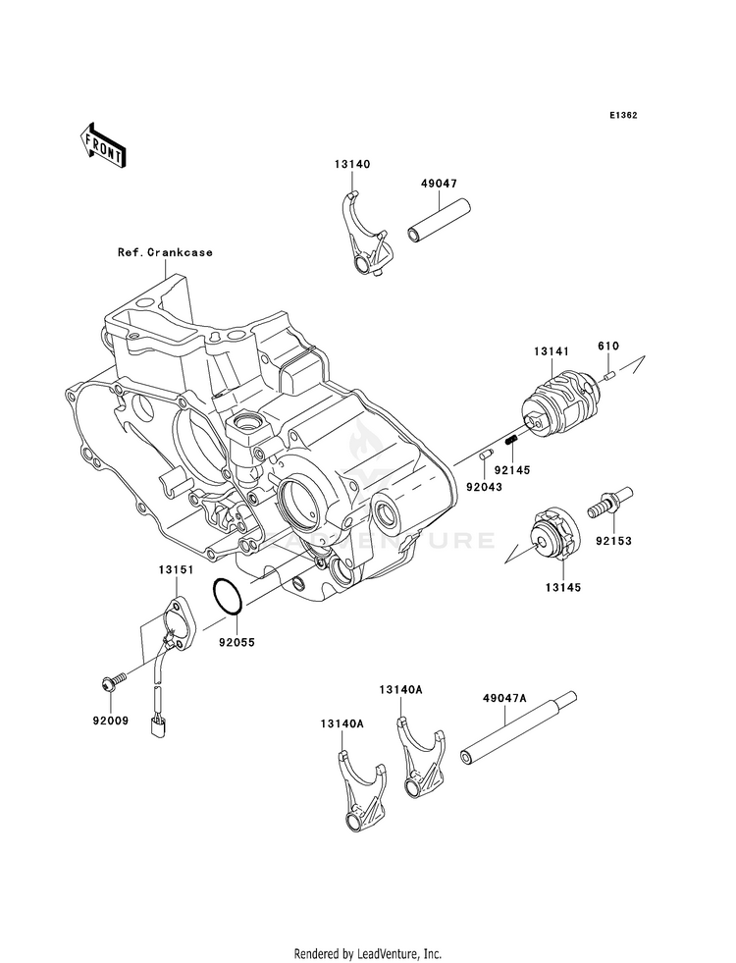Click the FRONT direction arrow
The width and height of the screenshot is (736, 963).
click(103, 145)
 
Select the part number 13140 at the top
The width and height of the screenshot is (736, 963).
click(352, 164)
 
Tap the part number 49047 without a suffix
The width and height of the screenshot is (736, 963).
click(439, 184)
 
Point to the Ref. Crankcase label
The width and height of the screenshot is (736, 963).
click(166, 252)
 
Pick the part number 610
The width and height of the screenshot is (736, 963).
click(608, 346)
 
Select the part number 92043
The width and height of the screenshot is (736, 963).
click(483, 487)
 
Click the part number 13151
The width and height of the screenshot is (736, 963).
click(176, 569)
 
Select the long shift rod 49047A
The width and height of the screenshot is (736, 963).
click(520, 729)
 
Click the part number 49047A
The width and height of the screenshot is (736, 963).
click(504, 698)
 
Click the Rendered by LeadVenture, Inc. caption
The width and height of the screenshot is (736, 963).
click(368, 954)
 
